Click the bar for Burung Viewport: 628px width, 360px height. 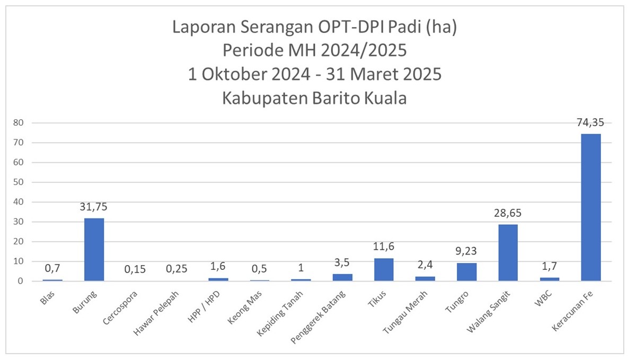[94, 249]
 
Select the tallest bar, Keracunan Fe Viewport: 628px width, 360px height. [591, 207]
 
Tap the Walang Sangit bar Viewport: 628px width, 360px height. [508, 252]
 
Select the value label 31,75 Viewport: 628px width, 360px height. [94, 207]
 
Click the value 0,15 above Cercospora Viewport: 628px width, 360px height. [135, 269]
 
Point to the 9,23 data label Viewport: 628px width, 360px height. [466, 251]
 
